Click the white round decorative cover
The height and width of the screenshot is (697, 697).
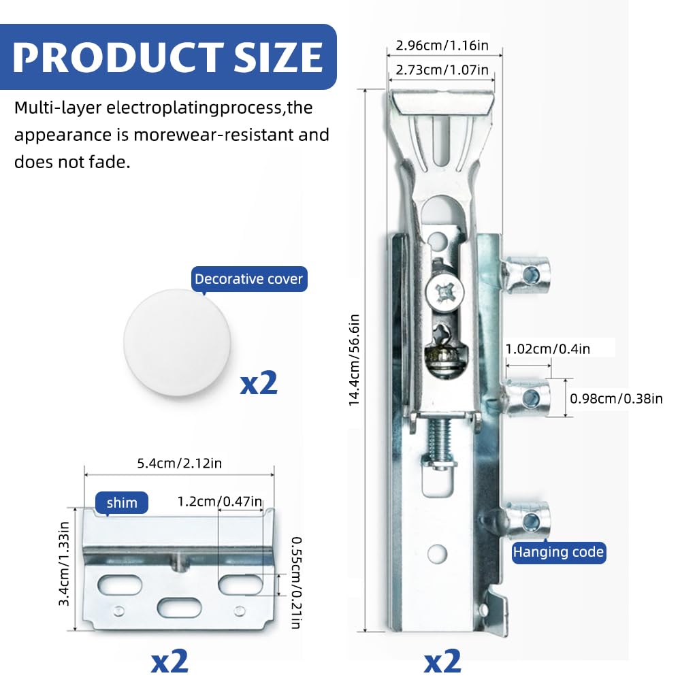click(177, 342)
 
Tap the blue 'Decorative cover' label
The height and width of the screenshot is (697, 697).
click(249, 279)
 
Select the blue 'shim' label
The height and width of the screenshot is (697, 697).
click(122, 503)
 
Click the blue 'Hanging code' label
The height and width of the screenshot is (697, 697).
click(558, 552)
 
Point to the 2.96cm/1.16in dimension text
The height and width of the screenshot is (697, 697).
click(442, 46)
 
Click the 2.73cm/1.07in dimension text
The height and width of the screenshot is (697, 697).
click(442, 70)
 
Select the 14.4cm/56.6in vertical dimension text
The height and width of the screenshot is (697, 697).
click(354, 360)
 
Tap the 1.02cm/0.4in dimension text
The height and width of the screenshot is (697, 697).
click(548, 349)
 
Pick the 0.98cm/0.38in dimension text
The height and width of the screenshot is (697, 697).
click(616, 399)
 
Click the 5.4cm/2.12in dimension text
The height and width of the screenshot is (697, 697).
click(179, 464)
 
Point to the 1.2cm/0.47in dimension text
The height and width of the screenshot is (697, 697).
click(220, 502)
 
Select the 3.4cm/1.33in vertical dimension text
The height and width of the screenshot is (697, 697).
click(64, 564)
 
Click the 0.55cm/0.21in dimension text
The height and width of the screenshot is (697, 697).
click(296, 583)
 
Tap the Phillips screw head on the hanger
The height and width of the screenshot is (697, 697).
click(444, 293)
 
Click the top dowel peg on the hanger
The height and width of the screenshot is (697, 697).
click(526, 275)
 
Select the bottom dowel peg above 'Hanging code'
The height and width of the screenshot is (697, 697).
click(528, 521)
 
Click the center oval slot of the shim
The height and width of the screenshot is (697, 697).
click(180, 608)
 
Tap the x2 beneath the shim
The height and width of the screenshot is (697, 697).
click(169, 661)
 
